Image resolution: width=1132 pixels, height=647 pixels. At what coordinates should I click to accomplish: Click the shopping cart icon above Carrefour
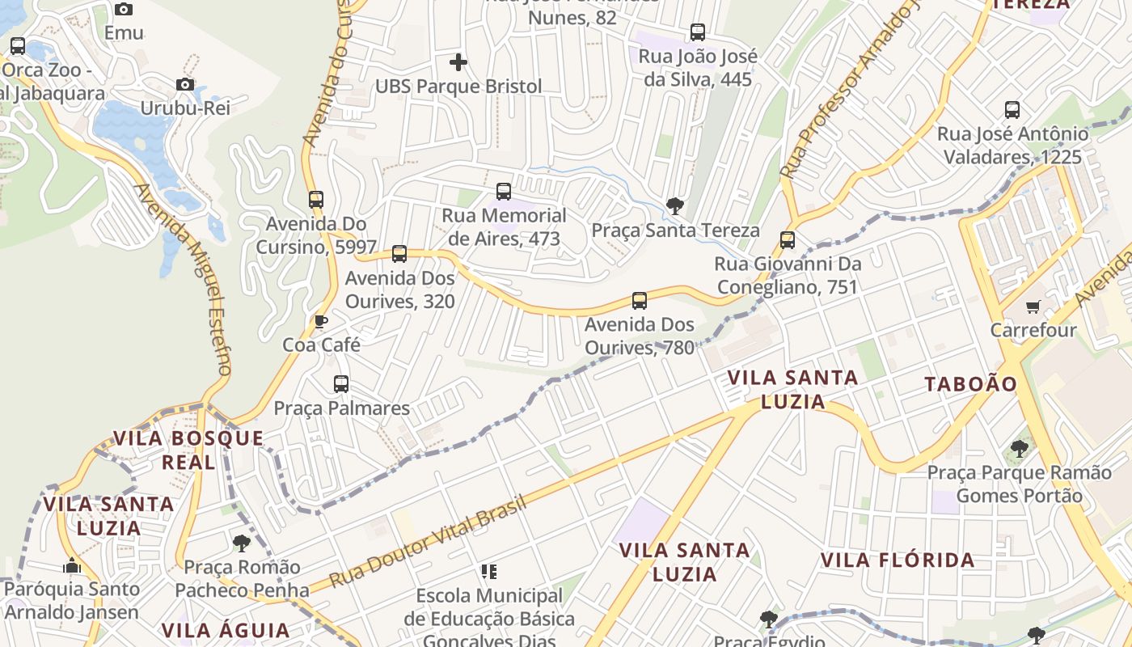coord(1033,307)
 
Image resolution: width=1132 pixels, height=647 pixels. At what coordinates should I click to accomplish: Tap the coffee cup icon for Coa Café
coord(321,322)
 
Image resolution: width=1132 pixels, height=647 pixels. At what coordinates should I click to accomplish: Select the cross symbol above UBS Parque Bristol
coord(458,62)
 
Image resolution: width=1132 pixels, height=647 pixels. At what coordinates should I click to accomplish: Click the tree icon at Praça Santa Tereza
coord(674,206)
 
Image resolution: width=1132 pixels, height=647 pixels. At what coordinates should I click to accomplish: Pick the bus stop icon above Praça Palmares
coord(341,384)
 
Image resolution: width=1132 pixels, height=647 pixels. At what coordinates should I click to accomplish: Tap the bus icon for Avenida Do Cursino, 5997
coord(316,199)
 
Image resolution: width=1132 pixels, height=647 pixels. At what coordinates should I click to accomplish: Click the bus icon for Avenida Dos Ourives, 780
coord(640,301)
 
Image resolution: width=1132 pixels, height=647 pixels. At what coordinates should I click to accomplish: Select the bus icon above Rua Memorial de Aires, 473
coord(504,192)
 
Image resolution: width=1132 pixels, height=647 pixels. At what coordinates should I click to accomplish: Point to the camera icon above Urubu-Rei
coord(185,85)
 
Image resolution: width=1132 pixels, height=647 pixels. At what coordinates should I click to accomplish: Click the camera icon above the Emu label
coord(124,10)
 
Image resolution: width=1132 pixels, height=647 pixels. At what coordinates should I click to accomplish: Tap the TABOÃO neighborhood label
coord(970,384)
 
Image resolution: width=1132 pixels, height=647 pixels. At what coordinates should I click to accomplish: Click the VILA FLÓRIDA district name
coord(898,560)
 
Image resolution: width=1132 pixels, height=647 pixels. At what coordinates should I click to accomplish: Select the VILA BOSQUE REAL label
coord(188,450)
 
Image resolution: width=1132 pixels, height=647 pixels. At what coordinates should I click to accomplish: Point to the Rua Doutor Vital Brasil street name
coord(429,541)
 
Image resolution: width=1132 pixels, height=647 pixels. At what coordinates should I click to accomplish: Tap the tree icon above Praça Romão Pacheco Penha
coord(241,543)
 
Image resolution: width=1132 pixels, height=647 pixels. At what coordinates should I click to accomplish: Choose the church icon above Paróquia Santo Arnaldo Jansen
coord(72,565)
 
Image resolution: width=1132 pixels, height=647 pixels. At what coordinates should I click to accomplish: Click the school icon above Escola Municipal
coord(488,572)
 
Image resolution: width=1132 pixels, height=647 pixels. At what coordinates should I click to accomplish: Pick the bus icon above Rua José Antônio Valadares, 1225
coord(1012,110)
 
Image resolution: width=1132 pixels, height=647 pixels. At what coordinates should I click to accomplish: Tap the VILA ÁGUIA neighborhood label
coord(225,630)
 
